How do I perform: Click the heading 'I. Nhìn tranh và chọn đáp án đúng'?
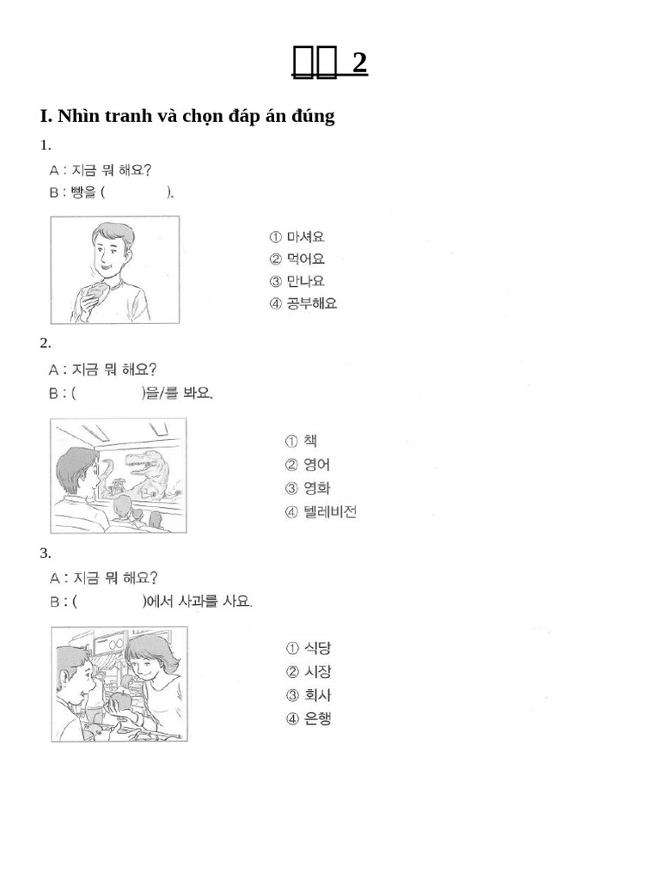tap(187, 116)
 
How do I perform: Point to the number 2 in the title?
tap(359, 63)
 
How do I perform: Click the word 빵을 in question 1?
tap(85, 192)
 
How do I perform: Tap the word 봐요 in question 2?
tap(197, 394)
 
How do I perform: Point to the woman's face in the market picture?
tap(145, 667)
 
